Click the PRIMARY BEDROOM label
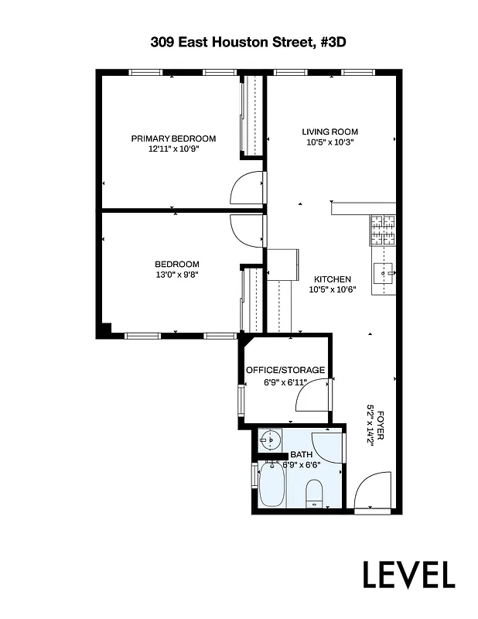[x=173, y=139]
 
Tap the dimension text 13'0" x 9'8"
[x=176, y=274]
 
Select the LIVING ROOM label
[x=329, y=132]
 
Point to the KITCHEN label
[x=333, y=279]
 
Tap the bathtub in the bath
[x=272, y=484]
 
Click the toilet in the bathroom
[x=315, y=492]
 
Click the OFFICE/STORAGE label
[x=285, y=370]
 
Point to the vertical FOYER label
[x=379, y=426]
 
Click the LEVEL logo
[x=409, y=574]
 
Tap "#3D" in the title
[x=330, y=43]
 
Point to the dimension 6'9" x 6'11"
[x=285, y=381]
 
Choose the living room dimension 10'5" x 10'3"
[x=329, y=142]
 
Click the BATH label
[x=301, y=455]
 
